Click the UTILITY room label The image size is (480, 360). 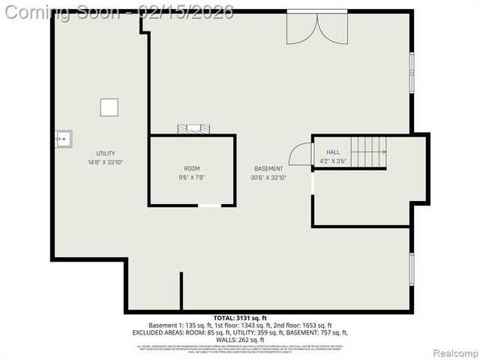105,153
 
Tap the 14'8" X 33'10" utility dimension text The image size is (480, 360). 105,162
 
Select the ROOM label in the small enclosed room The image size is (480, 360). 192,168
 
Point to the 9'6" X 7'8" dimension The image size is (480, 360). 192,177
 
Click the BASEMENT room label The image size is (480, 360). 268,169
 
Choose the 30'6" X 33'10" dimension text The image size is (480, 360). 268,178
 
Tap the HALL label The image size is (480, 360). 332,151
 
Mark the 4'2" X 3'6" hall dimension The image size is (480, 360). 332,160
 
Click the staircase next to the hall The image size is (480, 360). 368,152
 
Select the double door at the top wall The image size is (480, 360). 316,27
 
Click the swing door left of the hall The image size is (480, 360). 301,154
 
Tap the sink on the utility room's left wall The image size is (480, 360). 62,138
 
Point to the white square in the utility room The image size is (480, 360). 109,107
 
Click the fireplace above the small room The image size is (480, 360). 194,129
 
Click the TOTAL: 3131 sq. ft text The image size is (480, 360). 240,318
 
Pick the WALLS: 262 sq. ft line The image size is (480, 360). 240,340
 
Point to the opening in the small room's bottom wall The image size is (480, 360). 209,205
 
